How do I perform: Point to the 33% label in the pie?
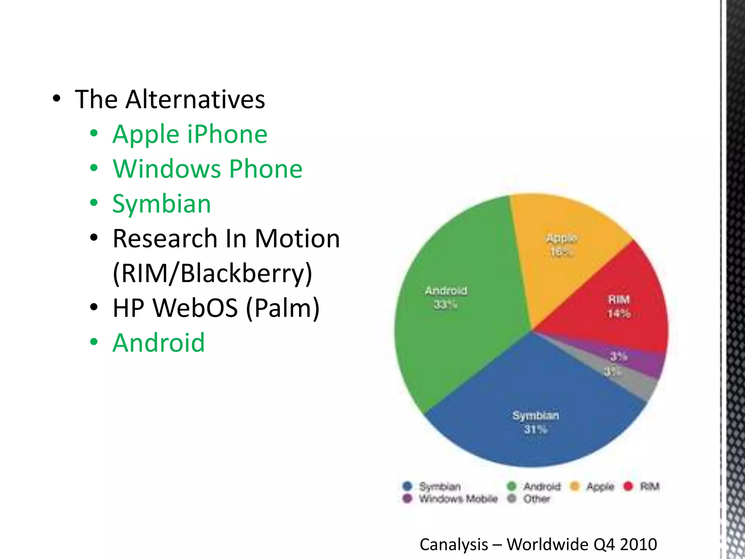[446, 304]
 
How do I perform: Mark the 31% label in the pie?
[535, 429]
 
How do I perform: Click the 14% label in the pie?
[619, 313]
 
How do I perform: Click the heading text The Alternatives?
[170, 99]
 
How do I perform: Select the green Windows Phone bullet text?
[207, 169]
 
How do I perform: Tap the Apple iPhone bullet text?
[190, 134]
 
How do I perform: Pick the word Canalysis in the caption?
[454, 545]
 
